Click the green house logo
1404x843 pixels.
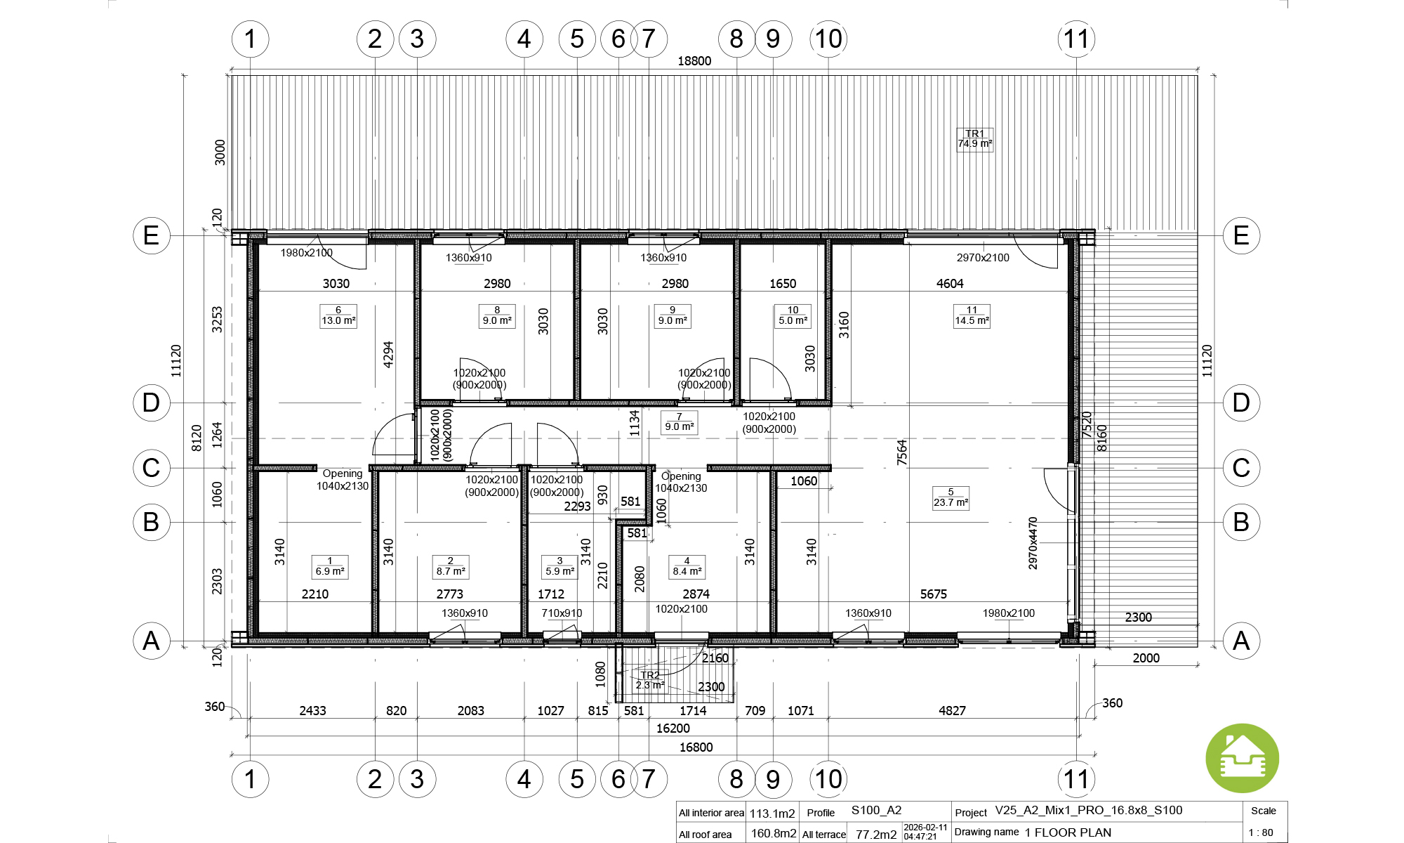click(x=1242, y=759)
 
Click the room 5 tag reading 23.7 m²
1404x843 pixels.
click(x=951, y=498)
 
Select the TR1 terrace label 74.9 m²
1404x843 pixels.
click(x=975, y=139)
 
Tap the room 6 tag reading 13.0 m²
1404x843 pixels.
click(x=338, y=316)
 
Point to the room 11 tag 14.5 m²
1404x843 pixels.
click(x=972, y=316)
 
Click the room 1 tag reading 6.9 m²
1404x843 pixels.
click(x=330, y=567)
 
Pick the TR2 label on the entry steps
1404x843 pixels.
click(x=650, y=680)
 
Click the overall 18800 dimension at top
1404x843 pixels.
click(x=694, y=61)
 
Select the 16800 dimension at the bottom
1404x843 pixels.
click(x=696, y=747)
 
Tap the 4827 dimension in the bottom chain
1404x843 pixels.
click(x=952, y=711)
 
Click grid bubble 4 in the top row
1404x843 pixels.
click(x=524, y=39)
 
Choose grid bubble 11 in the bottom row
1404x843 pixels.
click(x=1076, y=779)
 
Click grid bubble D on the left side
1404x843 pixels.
click(x=152, y=403)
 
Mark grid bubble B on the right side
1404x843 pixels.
click(x=1241, y=522)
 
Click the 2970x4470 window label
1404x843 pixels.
click(x=1033, y=543)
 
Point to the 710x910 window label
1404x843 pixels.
click(x=562, y=613)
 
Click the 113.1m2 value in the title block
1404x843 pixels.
click(x=772, y=813)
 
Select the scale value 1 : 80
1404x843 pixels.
click(x=1261, y=832)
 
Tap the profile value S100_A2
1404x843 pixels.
click(x=876, y=810)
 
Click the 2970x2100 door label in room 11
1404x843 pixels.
click(x=983, y=258)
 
